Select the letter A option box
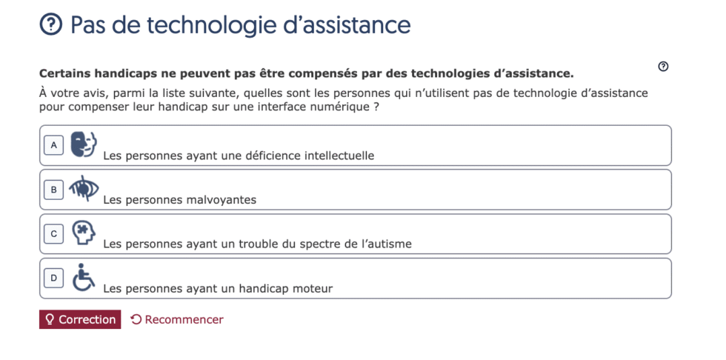click(x=53, y=145)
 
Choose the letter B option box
click(x=53, y=190)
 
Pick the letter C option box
click(x=53, y=234)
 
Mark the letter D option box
click(x=53, y=279)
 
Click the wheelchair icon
click(x=84, y=278)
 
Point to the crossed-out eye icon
click(x=84, y=189)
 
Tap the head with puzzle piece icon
click(x=84, y=233)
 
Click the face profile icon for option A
click(x=84, y=144)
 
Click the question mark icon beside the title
click(x=50, y=25)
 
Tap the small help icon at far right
click(x=663, y=67)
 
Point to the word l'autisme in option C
click(x=384, y=244)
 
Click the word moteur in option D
click(x=313, y=288)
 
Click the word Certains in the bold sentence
click(x=66, y=73)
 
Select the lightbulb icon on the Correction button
click(x=50, y=319)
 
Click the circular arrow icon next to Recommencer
click(x=136, y=319)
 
